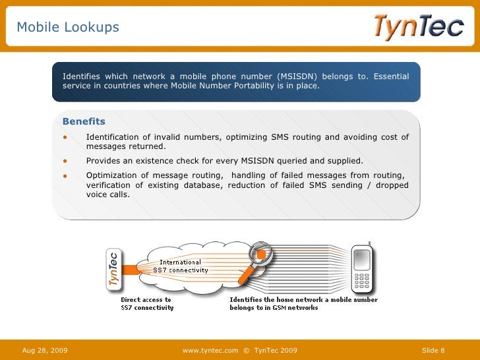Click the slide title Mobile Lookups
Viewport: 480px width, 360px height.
point(68,27)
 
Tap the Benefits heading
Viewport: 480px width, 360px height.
point(84,121)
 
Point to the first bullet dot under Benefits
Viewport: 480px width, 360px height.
point(65,137)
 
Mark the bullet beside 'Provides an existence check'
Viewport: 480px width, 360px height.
point(65,161)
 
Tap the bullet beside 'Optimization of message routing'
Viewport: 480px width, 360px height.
point(65,175)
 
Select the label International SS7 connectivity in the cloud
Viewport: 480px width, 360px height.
point(180,266)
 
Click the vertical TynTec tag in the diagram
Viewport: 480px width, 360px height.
point(114,268)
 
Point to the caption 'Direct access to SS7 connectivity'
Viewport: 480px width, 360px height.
point(146,303)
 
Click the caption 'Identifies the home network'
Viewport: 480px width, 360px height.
point(303,303)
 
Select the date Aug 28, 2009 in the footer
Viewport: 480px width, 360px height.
point(45,350)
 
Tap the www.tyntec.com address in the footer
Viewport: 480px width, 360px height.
point(210,350)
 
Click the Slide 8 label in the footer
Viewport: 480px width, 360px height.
point(433,350)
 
